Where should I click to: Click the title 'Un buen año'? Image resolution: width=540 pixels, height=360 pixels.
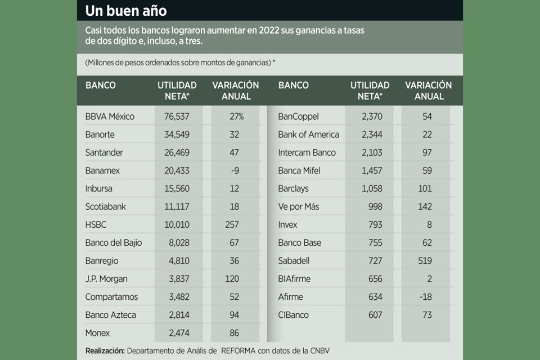coord(126,10)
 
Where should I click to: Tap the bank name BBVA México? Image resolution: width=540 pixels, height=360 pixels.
coord(110,116)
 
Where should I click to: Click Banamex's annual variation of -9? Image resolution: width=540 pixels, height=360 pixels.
coord(236,170)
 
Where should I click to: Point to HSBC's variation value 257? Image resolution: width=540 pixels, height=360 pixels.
coord(236,224)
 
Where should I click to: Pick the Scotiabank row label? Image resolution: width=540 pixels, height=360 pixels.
coord(106,206)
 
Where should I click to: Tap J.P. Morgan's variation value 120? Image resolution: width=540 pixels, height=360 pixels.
coord(236,278)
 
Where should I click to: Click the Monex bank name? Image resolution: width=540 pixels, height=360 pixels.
coord(98,332)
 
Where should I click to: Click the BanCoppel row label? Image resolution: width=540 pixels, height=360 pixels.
coord(298,116)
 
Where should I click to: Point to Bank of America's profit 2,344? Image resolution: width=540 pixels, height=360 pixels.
coord(370,134)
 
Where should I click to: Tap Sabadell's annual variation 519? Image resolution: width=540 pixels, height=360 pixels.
coord(425,260)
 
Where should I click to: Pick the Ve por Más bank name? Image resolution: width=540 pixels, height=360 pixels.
coord(299,206)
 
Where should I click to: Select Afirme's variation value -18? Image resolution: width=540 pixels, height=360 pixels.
coord(425,296)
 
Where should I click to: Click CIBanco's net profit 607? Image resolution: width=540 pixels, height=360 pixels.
coord(374,314)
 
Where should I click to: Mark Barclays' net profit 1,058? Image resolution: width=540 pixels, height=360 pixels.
coord(370,188)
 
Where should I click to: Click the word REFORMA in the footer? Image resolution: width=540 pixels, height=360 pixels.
coord(238,351)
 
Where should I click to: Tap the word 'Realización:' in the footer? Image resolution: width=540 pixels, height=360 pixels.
coord(105,351)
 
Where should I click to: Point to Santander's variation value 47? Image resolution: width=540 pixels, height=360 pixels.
coord(236,152)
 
